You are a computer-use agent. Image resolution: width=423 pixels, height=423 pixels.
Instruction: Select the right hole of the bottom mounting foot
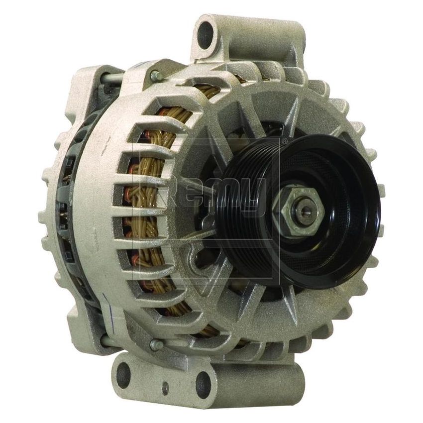(203, 383)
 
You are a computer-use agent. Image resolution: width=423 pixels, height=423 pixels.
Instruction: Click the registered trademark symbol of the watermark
(284, 141)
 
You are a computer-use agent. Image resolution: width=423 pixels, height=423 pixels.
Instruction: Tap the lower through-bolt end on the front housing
(155, 344)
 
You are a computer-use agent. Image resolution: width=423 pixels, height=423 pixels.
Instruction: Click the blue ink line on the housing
(106, 299)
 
